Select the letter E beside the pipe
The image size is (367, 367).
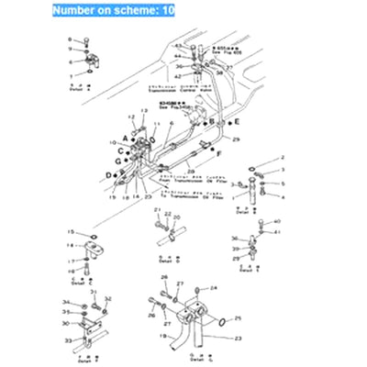click(x=236, y=121)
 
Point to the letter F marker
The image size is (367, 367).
click(x=219, y=152)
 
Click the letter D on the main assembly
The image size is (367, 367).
click(x=109, y=174)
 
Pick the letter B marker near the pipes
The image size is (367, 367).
click(x=209, y=121)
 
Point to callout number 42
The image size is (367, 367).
click(x=174, y=76)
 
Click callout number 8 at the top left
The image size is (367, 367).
click(x=69, y=39)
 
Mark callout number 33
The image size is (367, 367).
click(x=67, y=339)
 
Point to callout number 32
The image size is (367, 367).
click(x=107, y=298)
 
